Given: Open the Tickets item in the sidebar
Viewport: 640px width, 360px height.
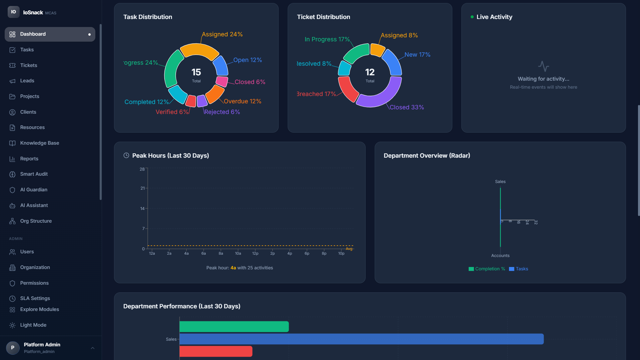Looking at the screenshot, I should [28, 65].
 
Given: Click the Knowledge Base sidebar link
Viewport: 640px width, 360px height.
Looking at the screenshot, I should [39, 143].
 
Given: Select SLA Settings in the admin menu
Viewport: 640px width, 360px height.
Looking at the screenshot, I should [35, 298].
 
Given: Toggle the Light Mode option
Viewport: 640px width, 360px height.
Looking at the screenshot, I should [33, 325].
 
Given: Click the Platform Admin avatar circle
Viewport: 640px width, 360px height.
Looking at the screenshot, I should [13, 348].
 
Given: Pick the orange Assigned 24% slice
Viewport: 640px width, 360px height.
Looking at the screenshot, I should [199, 51].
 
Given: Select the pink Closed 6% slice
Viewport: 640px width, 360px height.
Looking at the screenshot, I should [222, 81].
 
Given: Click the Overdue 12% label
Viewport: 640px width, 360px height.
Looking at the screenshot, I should [242, 101].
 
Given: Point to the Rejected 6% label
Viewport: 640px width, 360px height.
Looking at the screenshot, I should [222, 112].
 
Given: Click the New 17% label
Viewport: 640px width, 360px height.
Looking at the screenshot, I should [417, 55].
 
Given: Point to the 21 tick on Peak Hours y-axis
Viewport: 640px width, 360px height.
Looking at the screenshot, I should [142, 188].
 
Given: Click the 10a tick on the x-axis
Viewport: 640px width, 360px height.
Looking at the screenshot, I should [238, 254].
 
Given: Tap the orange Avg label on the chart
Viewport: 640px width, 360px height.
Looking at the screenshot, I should [349, 249].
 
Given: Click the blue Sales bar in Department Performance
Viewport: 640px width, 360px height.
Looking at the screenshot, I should [361, 339].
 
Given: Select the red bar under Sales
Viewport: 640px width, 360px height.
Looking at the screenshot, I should [216, 351].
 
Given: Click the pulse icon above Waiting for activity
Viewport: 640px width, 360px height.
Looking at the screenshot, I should [543, 66].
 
